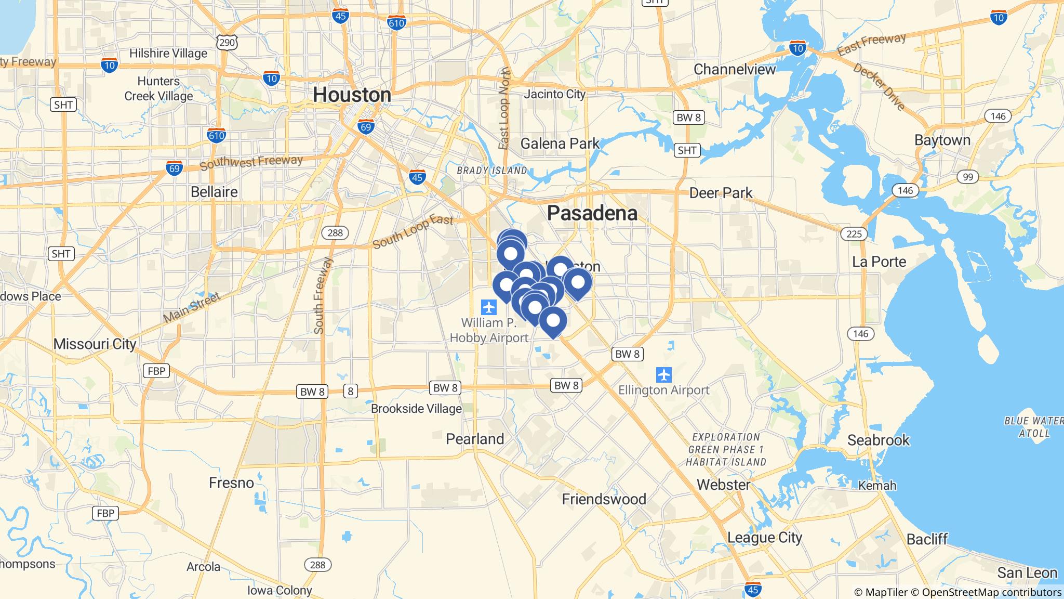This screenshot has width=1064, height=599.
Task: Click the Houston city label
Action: [352, 95]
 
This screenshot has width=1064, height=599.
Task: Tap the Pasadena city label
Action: [592, 213]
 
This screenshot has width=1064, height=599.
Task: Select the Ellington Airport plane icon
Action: [663, 374]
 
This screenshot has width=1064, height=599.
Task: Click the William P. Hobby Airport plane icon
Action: [489, 307]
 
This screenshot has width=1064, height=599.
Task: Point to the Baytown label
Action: [942, 140]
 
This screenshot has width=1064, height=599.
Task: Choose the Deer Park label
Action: [721, 193]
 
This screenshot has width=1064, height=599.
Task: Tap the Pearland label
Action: [475, 439]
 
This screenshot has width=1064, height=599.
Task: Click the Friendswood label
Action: [604, 499]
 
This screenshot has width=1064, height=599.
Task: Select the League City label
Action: [765, 537]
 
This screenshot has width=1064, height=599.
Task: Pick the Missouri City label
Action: [95, 344]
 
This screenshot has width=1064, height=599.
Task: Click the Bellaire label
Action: [214, 192]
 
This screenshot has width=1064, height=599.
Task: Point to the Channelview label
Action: [735, 69]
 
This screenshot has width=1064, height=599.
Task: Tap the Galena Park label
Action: [560, 144]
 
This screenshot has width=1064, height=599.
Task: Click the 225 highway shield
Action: [854, 233]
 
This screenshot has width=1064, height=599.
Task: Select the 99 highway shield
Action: [967, 177]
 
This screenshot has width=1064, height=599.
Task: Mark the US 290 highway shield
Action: [228, 43]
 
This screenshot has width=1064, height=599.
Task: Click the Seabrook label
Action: [879, 440]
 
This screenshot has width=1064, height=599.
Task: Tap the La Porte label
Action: [879, 262]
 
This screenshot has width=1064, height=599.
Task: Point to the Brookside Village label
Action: [416, 409]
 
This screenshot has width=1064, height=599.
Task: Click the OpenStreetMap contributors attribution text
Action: [991, 592]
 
